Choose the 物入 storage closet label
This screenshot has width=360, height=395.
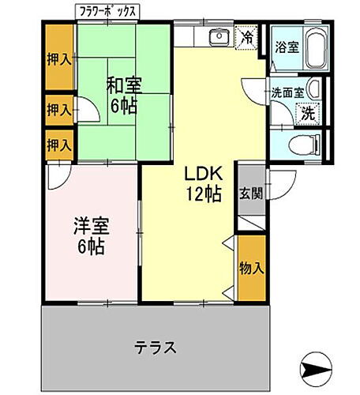point(252,269)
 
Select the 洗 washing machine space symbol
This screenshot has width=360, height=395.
point(309,113)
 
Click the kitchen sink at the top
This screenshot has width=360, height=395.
point(219,36)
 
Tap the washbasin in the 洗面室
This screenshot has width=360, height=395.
point(313,88)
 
